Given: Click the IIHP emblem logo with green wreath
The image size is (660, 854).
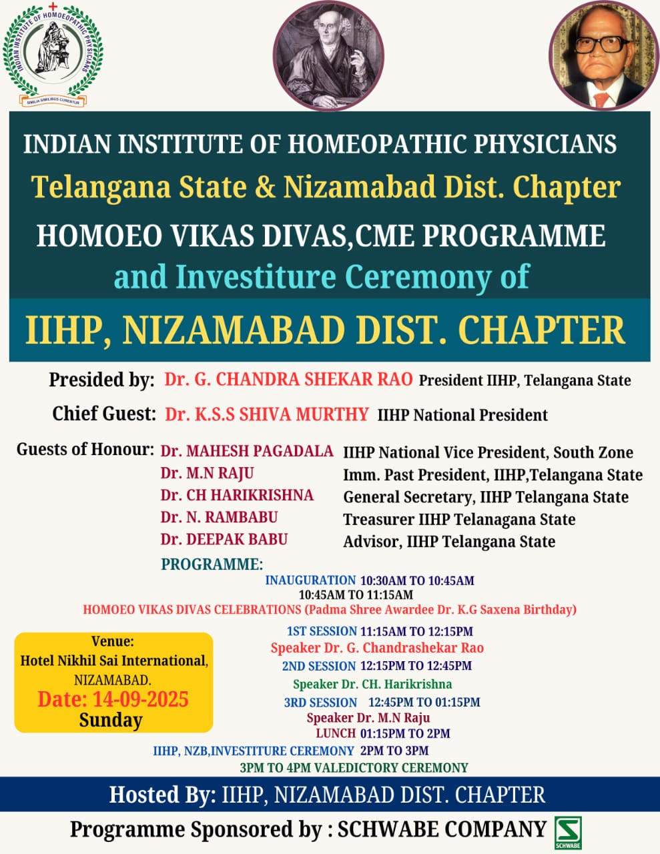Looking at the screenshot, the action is (x=53, y=54).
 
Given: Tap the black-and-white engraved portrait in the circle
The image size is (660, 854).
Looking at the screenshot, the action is (x=328, y=55).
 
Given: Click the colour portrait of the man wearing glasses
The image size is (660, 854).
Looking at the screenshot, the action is (x=604, y=55).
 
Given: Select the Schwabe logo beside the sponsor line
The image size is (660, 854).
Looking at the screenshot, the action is (x=568, y=833).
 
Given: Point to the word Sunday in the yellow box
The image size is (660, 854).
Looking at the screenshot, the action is (x=111, y=721).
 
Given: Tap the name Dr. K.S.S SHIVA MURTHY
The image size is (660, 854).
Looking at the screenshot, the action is (x=266, y=414).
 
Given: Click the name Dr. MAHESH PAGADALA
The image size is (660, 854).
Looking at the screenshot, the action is (x=247, y=451).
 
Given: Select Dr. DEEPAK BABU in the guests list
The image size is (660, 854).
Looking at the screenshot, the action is (x=224, y=539).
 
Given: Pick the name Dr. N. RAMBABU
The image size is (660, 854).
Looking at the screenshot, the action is (x=219, y=517).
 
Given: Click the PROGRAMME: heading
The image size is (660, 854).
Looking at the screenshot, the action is (x=212, y=564).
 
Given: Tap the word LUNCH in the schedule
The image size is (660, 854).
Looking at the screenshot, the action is (x=336, y=733).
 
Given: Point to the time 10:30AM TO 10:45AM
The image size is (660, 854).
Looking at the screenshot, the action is (x=418, y=581).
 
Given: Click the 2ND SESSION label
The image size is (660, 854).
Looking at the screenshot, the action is (x=319, y=666).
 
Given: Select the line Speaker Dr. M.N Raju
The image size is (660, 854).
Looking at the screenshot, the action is (x=368, y=718).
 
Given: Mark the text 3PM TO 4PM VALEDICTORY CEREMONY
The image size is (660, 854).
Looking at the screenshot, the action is (x=354, y=767).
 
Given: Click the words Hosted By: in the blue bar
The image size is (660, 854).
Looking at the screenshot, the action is (x=163, y=795).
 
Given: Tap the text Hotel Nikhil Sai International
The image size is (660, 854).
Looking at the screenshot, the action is (x=114, y=661).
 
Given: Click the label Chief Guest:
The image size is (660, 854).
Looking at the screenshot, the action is (x=104, y=414).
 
